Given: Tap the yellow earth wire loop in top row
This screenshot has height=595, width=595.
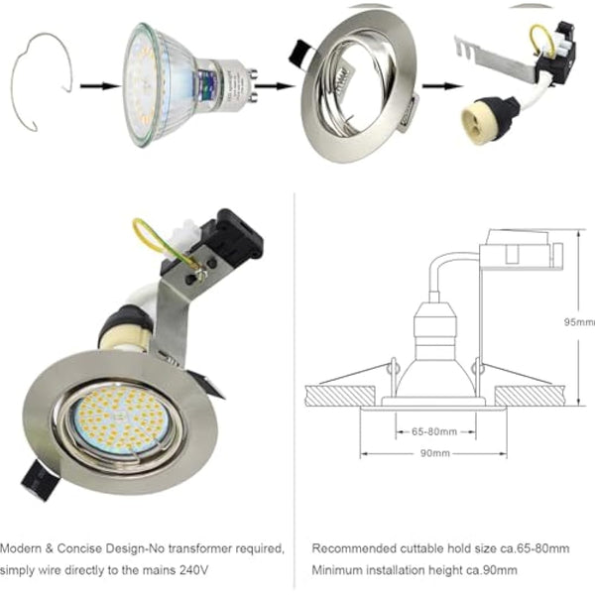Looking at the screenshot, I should (540, 41).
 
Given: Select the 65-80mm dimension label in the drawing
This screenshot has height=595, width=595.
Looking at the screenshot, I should (427, 431).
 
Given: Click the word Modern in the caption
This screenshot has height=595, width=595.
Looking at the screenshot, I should (23, 548).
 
